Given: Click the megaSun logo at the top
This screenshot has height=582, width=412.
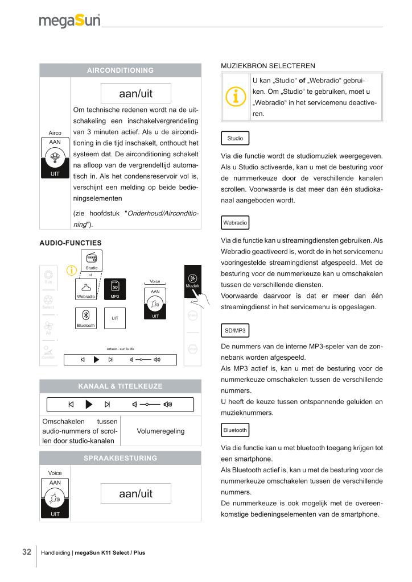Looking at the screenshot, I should (x=69, y=21).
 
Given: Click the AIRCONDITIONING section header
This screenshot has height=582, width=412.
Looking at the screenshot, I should (x=120, y=70).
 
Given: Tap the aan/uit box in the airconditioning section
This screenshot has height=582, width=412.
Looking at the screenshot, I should (x=135, y=93).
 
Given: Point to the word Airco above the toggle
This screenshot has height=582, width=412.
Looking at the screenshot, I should (x=55, y=132).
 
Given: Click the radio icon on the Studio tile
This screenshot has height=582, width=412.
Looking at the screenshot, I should (x=91, y=258).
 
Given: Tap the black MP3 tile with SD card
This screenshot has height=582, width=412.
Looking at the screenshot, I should (x=114, y=289).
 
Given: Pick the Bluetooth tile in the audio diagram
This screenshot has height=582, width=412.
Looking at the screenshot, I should (x=85, y=318).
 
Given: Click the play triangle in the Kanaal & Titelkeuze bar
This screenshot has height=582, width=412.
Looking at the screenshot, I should (x=89, y=405).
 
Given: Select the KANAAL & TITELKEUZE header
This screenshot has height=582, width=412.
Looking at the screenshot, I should (x=120, y=386).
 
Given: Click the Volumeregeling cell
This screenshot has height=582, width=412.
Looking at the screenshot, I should (x=161, y=431).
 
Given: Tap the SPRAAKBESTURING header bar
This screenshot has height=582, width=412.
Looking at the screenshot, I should (x=120, y=458).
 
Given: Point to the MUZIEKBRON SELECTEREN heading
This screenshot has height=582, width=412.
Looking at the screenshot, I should (x=267, y=66).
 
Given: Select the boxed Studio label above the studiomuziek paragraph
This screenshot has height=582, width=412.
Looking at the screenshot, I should (x=234, y=138).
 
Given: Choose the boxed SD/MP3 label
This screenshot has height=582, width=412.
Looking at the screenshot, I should (x=234, y=330).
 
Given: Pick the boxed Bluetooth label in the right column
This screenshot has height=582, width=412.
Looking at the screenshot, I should (x=234, y=430).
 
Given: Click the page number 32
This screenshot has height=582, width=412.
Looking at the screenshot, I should (x=26, y=552).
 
